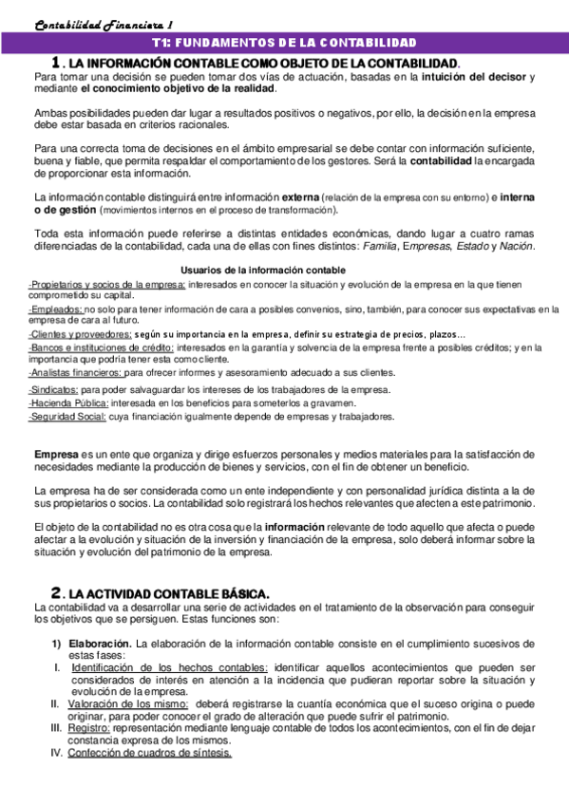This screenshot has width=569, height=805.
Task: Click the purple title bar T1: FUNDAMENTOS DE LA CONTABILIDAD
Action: [x=284, y=44]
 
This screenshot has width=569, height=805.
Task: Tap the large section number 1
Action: [x=57, y=62]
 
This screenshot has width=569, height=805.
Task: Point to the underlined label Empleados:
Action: [x=56, y=309]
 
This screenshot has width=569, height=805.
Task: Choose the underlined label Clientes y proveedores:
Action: [x=80, y=334]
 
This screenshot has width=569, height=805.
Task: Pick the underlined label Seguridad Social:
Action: [x=67, y=417]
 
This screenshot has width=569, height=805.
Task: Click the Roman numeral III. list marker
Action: [x=56, y=728]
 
